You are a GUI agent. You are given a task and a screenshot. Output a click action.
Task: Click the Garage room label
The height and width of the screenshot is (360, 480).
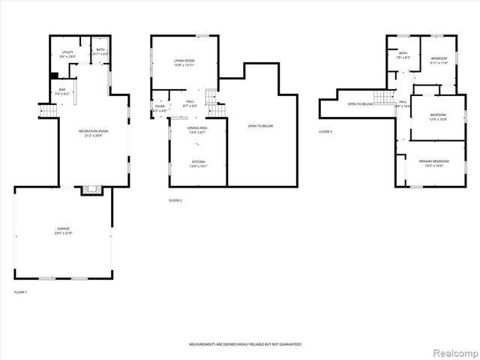(x=63, y=229)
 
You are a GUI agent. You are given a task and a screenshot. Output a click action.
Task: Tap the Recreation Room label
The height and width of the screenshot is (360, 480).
(x=94, y=133)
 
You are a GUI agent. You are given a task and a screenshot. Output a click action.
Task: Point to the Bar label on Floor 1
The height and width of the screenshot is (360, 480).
(x=62, y=91)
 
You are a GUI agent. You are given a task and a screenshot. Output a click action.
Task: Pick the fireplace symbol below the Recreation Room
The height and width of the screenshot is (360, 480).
(x=91, y=190)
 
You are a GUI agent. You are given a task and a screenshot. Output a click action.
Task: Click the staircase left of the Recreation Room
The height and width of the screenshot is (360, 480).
(x=48, y=111)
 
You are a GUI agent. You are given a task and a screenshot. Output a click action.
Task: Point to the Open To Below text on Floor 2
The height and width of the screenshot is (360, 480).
(x=260, y=126)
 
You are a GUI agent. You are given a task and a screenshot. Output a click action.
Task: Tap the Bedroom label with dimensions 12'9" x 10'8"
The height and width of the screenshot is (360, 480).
(x=438, y=117)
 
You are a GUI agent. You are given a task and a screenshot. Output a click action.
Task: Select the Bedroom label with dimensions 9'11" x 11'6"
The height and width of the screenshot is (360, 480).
(x=438, y=61)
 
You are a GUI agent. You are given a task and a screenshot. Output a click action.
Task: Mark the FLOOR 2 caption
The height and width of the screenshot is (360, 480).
(x=175, y=200)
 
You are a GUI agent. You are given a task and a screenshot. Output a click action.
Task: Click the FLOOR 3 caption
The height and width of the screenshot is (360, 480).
(x=325, y=131)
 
